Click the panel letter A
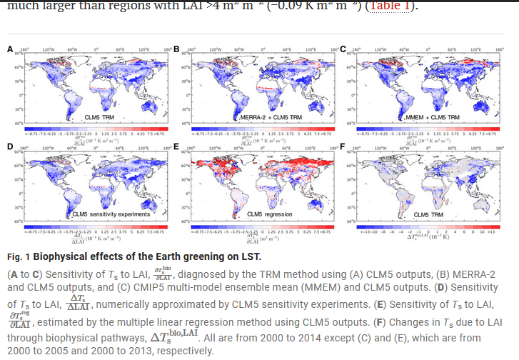point(10,50)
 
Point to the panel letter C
point(343,50)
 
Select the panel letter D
point(10,147)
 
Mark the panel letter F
point(343,147)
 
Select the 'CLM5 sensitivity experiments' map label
point(112,214)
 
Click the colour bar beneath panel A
point(95,128)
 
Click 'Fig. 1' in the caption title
point(19,256)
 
